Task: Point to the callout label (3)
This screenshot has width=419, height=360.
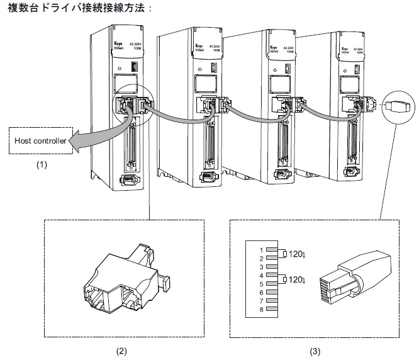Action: (313, 347)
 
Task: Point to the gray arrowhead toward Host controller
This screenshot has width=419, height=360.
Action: (74, 143)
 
